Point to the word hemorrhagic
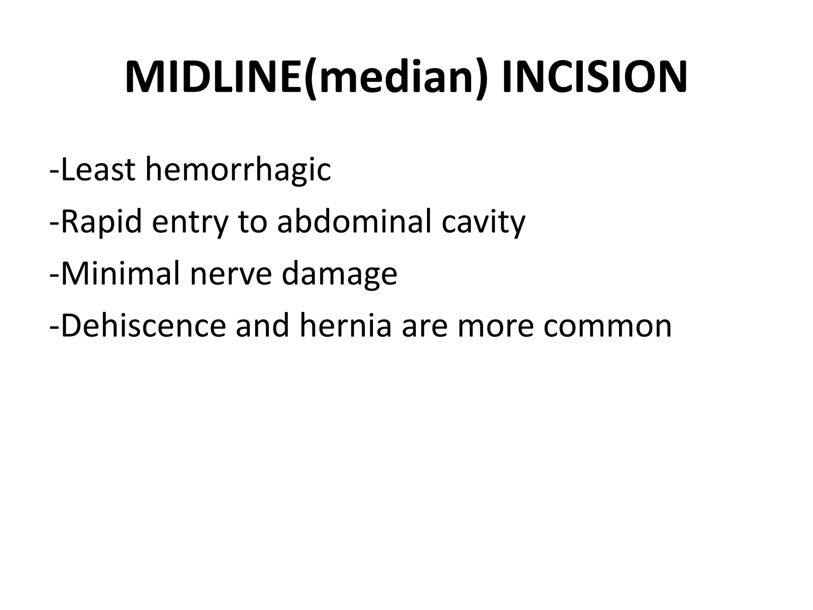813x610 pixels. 238,170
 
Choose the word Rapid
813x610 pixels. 102,222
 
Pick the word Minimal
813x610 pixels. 121,274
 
